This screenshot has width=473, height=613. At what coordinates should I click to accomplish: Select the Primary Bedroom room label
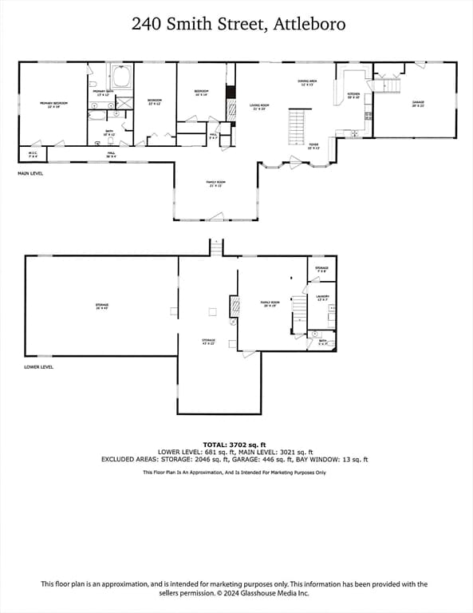[x=53, y=104]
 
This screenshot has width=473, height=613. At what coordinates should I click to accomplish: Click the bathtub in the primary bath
[x=122, y=77]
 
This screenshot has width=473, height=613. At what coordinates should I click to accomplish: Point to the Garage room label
[x=417, y=103]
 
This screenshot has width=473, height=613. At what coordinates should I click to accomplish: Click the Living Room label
[x=258, y=106]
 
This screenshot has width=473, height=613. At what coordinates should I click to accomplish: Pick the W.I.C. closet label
[x=33, y=154]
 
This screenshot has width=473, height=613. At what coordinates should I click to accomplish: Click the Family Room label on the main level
[x=215, y=184]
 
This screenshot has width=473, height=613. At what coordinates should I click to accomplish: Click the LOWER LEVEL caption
[x=38, y=367]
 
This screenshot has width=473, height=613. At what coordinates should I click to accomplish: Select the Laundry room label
[x=322, y=298]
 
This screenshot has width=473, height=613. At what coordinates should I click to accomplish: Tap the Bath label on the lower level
[x=322, y=342]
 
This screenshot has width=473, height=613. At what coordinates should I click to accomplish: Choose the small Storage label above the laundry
[x=321, y=269]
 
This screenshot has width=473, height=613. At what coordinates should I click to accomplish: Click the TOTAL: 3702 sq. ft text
[x=235, y=444]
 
